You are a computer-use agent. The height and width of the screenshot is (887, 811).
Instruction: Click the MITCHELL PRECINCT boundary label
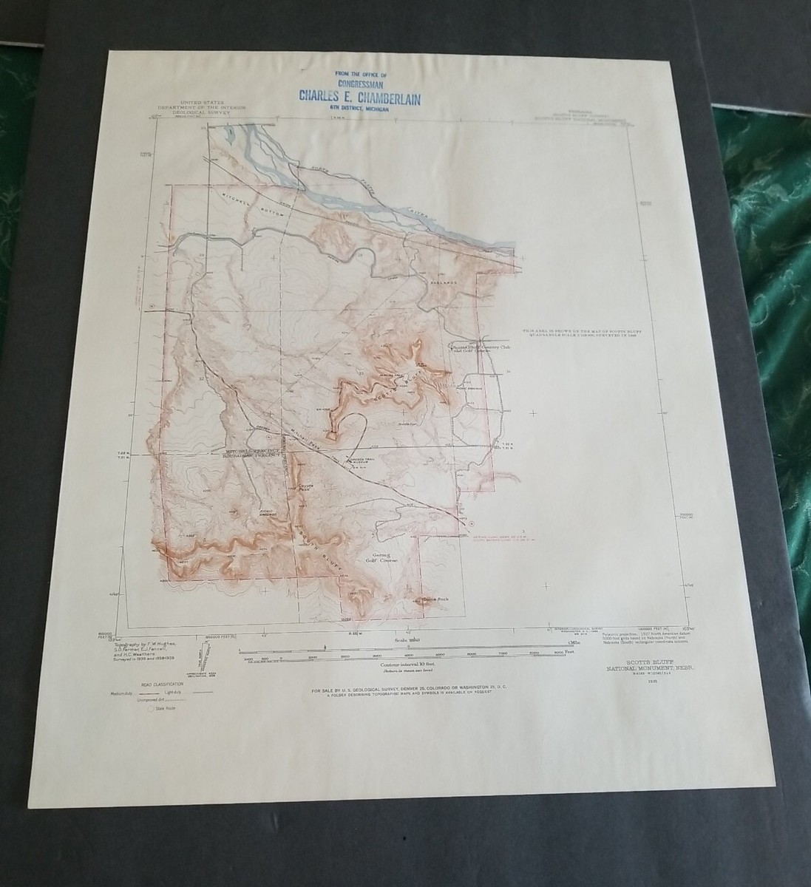(x=254, y=450)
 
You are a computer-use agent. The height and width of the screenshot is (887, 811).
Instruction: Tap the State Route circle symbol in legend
(x=154, y=707)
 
